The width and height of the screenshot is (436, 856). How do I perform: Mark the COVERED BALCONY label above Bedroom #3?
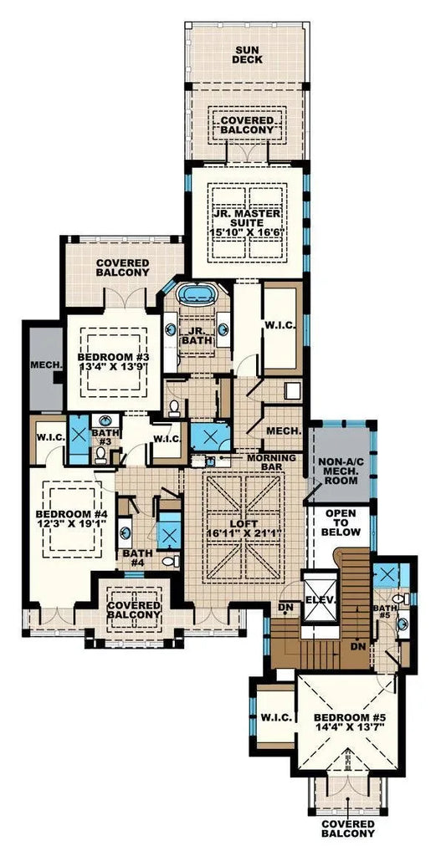122,267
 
